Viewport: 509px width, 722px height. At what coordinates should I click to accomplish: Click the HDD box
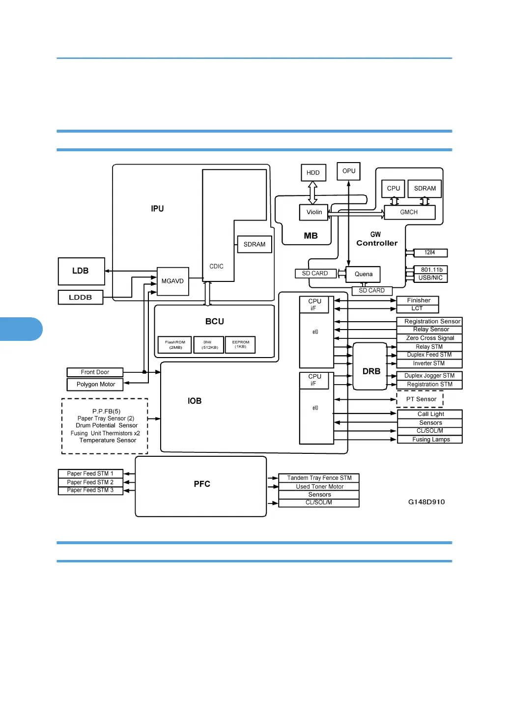[313, 172]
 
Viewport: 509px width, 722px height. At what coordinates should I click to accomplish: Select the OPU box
[348, 171]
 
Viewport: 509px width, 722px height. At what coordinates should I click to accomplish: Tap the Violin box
[314, 212]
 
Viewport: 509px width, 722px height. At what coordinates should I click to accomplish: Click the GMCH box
[409, 212]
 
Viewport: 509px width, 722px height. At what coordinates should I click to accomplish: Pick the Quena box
[363, 274]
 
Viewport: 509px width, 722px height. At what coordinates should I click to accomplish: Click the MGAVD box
[172, 281]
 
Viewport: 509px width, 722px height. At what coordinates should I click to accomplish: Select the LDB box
[81, 271]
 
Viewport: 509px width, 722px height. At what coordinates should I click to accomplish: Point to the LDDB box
[81, 297]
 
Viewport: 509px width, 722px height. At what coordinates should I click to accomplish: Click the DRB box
[370, 366]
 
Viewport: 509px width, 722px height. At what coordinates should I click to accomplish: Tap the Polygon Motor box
[95, 384]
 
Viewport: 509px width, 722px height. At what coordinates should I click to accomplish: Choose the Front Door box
[95, 372]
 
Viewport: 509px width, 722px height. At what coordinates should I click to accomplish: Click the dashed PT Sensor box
[420, 399]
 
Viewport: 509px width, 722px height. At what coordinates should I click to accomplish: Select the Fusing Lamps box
[430, 440]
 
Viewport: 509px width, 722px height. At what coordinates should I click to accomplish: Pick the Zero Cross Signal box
[429, 338]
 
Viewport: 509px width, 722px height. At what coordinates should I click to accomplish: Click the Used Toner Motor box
[319, 487]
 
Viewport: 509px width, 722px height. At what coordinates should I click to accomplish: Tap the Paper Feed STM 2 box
[90, 482]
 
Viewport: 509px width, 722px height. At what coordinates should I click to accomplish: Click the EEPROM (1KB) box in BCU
[240, 344]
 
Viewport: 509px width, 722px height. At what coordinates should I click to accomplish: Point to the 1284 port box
[429, 252]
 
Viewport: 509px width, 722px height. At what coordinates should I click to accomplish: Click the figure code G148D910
[426, 502]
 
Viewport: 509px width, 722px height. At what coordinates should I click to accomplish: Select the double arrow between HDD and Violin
[312, 193]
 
